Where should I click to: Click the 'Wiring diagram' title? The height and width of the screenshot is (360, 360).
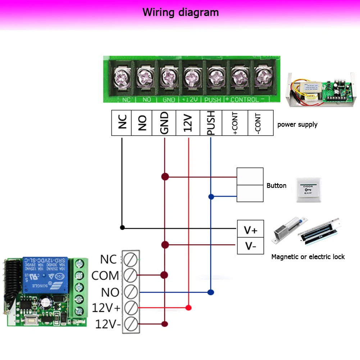pyautogui.click(x=180, y=12)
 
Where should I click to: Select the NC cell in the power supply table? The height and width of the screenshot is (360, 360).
pyautogui.click(x=122, y=123)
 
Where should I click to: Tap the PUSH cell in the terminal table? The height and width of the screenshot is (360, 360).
pyautogui.click(x=211, y=123)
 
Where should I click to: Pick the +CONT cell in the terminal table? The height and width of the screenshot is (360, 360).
pyautogui.click(x=235, y=123)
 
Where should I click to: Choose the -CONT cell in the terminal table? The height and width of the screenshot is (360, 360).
pyautogui.click(x=260, y=123)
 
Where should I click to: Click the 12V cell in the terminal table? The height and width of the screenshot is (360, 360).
pyautogui.click(x=188, y=123)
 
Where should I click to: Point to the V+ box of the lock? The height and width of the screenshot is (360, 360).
pyautogui.click(x=250, y=229)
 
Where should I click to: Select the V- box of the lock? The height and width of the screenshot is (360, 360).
pyautogui.click(x=250, y=246)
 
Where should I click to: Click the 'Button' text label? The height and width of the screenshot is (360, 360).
pyautogui.click(x=276, y=186)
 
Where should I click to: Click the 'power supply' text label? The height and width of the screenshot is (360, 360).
pyautogui.click(x=297, y=124)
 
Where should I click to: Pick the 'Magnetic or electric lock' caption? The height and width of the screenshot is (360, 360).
pyautogui.click(x=308, y=257)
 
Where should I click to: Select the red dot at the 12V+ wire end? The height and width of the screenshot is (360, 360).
pyautogui.click(x=188, y=307)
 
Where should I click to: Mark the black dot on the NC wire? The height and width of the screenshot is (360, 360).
pyautogui.click(x=122, y=227)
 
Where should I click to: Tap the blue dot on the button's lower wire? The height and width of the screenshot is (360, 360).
pyautogui.click(x=211, y=197)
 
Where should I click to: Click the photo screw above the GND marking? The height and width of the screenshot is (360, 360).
pyautogui.click(x=168, y=77)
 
